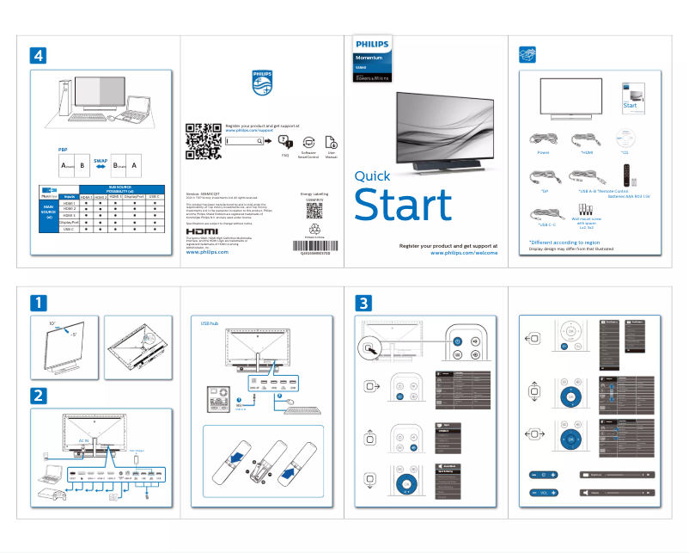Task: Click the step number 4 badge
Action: click(38, 54)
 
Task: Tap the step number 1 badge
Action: click(38, 303)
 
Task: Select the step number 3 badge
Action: click(364, 303)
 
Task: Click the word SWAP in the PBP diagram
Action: click(101, 161)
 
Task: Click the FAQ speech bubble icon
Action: click(285, 142)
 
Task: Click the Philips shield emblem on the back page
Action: click(262, 81)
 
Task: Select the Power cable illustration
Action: click(544, 138)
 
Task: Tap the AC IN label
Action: click(85, 439)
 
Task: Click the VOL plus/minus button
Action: click(545, 493)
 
